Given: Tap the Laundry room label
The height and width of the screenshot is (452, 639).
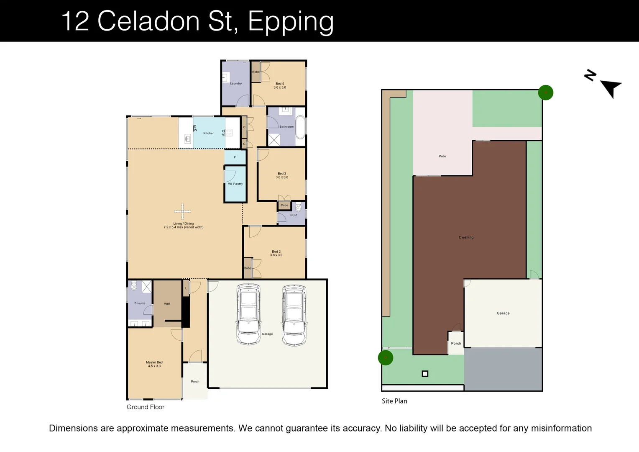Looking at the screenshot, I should (236, 83).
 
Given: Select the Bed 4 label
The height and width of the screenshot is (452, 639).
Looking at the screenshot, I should (280, 84).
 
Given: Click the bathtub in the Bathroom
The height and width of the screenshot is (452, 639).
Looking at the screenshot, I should (300, 127).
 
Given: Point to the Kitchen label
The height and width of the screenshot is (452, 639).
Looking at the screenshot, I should (209, 133).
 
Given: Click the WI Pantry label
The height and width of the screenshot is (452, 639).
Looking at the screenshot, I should (235, 184).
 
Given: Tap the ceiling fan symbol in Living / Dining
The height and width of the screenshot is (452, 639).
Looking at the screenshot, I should (182, 211).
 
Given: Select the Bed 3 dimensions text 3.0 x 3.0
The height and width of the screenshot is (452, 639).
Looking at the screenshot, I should (282, 177).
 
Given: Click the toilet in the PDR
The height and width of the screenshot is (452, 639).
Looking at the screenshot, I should (298, 207).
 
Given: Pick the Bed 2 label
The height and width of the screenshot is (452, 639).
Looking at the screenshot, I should (276, 252).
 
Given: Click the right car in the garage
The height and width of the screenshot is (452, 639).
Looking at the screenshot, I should (294, 315).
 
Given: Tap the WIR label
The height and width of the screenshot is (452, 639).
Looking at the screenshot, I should (167, 304).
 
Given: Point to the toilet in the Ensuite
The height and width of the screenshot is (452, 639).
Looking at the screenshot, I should (134, 286).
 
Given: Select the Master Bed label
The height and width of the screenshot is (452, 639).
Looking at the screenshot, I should (154, 362).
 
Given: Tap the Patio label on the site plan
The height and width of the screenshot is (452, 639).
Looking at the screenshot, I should (442, 156).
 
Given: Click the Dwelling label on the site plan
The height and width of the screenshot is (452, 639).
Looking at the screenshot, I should (466, 237).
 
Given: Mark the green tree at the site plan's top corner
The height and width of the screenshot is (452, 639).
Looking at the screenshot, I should (545, 92).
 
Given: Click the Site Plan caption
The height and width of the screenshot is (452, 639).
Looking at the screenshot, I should (394, 401).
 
